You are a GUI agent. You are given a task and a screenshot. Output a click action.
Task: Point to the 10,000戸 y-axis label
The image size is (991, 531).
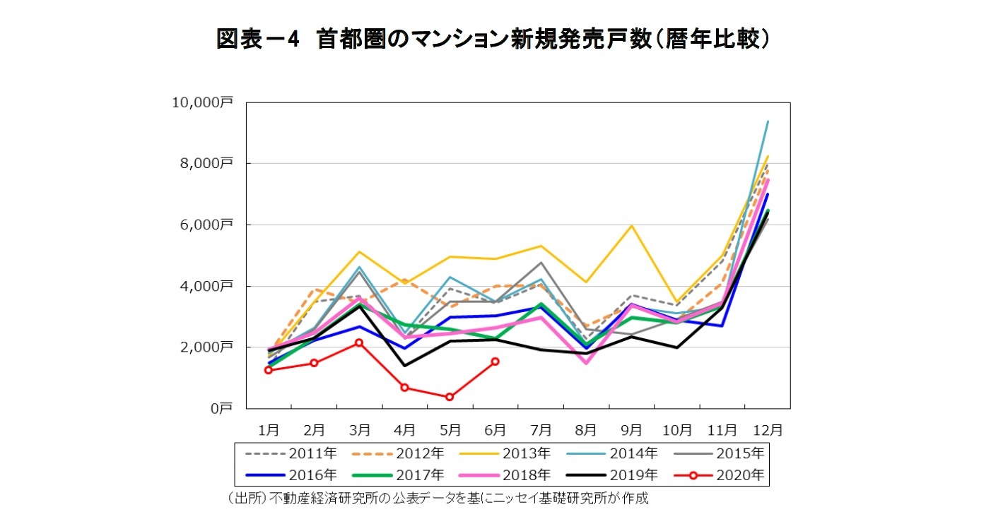[x=202, y=103]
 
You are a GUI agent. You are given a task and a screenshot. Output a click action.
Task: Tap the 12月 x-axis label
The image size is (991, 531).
[x=768, y=429]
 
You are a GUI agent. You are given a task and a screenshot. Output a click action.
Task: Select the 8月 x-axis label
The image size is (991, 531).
[x=586, y=429]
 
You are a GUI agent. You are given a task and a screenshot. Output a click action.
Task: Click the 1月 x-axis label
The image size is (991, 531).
[x=269, y=429]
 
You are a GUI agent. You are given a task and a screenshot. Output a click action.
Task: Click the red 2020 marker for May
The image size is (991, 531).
[x=450, y=397]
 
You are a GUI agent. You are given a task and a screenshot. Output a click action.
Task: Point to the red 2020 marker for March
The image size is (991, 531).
[x=359, y=342]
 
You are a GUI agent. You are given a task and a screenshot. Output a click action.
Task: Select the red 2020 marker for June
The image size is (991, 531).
[x=495, y=362]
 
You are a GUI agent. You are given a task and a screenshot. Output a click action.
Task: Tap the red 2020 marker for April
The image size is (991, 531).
[x=404, y=387]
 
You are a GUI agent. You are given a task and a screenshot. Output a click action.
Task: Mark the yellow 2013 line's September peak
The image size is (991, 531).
[x=631, y=226]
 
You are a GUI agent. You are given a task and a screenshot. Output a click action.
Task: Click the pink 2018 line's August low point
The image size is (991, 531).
[x=586, y=363]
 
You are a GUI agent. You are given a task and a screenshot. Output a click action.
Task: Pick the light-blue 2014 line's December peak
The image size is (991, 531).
[x=768, y=121]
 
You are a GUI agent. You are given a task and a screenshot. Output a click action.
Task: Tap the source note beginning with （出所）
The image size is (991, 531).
[x=438, y=499]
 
